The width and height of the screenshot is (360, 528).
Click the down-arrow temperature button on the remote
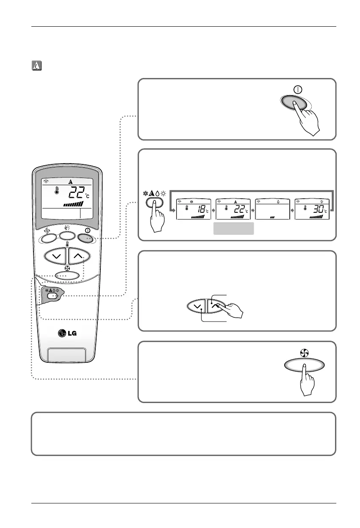(55, 256)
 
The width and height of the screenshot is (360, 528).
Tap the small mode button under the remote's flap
(52, 296)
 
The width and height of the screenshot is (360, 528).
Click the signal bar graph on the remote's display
(73, 204)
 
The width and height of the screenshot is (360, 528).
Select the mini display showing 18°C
(193, 209)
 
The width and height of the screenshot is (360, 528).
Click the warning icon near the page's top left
(36, 66)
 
